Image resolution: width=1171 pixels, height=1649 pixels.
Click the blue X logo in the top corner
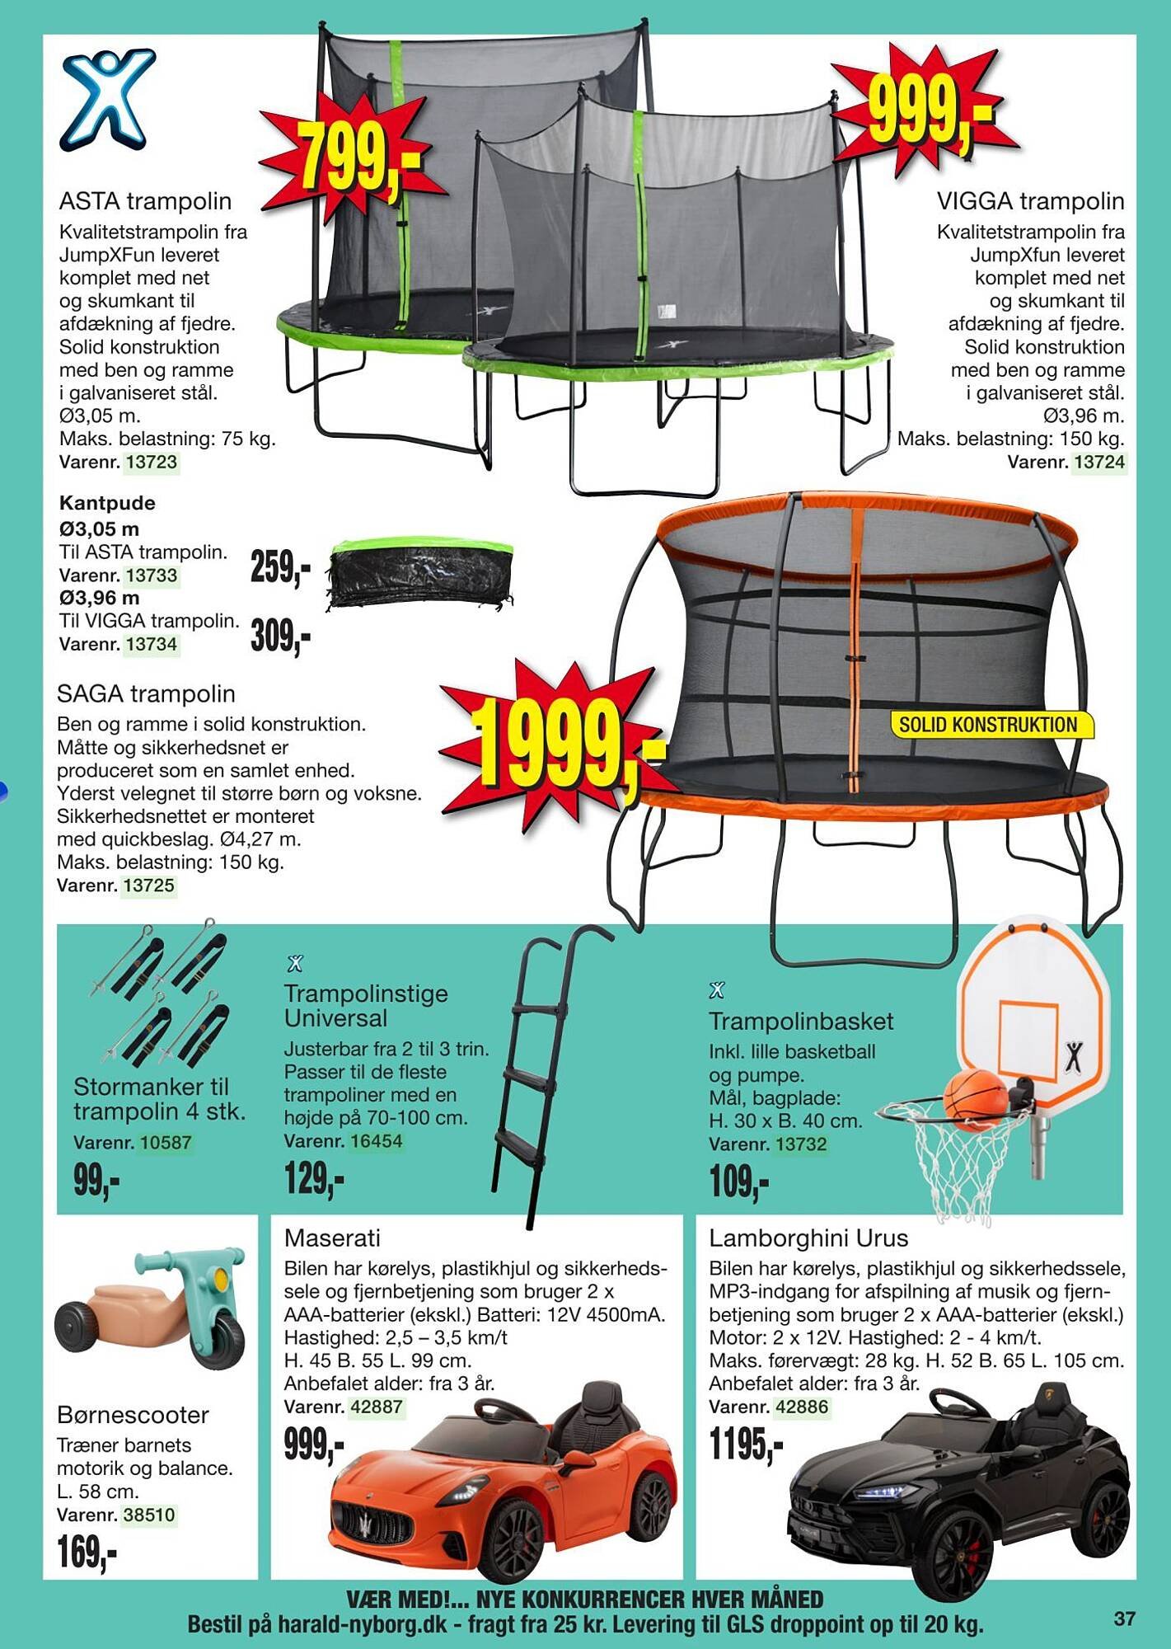click(107, 101)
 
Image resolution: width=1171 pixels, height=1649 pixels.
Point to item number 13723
click(152, 462)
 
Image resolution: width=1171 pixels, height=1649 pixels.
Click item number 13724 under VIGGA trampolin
click(1099, 462)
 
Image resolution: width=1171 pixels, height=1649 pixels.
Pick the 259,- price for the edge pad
click(280, 567)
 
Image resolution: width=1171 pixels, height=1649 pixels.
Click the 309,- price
click(280, 636)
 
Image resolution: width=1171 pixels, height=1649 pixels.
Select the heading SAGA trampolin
click(146, 693)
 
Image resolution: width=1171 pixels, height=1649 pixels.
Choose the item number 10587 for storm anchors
click(166, 1143)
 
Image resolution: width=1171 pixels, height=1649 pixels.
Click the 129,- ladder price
click(314, 1179)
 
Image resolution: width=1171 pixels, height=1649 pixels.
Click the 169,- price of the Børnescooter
click(87, 1553)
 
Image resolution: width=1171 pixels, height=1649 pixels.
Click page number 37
click(1125, 1618)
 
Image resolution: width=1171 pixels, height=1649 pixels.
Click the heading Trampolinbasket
click(801, 1021)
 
